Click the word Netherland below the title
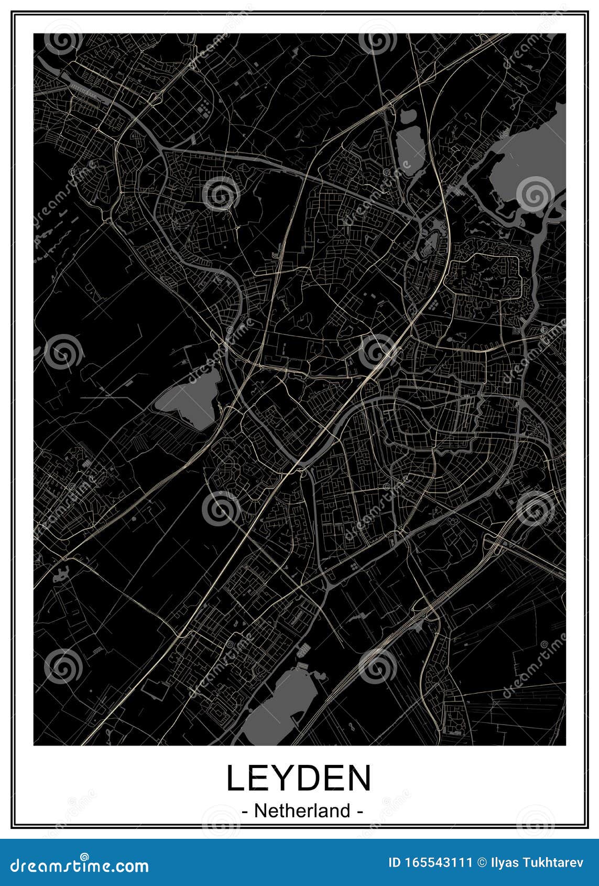tap(302, 811)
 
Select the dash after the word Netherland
tap(360, 812)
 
